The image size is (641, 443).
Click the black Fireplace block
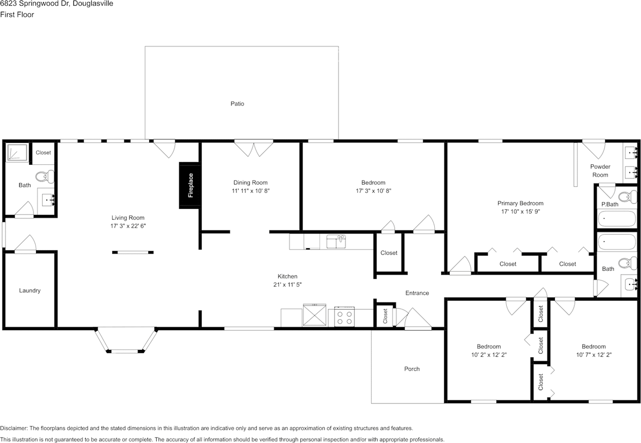tap(189, 185)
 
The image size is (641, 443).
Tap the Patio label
tap(237, 104)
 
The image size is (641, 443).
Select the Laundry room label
tap(30, 290)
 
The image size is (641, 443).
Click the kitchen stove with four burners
tap(345, 317)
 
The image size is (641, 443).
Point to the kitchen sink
tap(336, 242)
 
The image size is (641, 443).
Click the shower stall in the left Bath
tap(17, 152)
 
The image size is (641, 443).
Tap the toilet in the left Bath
tap(45, 176)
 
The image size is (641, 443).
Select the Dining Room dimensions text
tap(251, 191)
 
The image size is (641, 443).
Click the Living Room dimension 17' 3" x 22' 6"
tap(128, 226)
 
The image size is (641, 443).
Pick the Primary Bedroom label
tap(520, 203)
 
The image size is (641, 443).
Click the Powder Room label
tap(600, 171)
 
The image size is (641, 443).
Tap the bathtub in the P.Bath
tap(617, 219)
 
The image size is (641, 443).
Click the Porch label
tap(412, 369)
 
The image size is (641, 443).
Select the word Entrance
tap(417, 293)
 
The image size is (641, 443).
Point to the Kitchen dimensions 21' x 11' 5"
tap(287, 285)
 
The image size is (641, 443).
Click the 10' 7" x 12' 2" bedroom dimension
tap(594, 355)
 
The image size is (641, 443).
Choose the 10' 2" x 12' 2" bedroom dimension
tap(489, 355)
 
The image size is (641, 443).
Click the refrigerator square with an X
tap(314, 315)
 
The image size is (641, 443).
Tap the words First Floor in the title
tap(17, 15)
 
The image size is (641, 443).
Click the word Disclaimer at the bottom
tap(14, 428)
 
